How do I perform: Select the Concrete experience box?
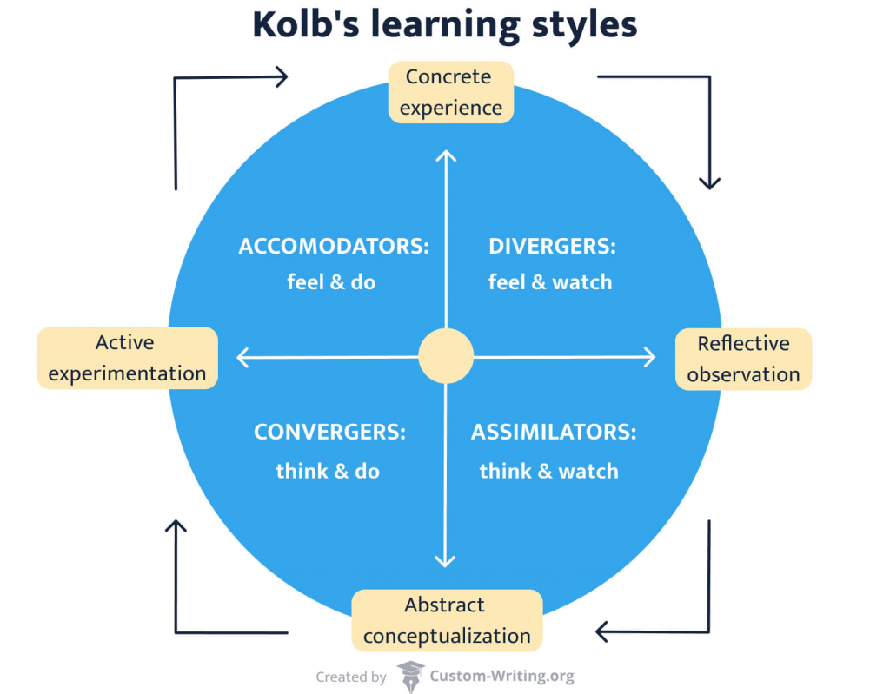(450, 92)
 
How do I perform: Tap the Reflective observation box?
(743, 359)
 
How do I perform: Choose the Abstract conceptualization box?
(446, 620)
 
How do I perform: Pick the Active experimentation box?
(127, 358)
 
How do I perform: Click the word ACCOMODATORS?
(334, 247)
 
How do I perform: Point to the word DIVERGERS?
(552, 247)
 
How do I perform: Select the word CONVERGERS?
(329, 432)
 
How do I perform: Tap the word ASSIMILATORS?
(554, 432)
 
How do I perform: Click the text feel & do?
(331, 282)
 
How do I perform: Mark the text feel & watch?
(550, 282)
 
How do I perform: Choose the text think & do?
(328, 471)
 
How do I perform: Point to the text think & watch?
(548, 471)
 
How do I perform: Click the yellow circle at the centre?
(446, 356)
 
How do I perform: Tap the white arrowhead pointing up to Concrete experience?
(446, 155)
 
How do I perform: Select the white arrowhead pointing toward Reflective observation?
(648, 356)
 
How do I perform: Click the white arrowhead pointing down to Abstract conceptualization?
(446, 560)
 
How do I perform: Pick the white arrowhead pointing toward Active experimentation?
(243, 356)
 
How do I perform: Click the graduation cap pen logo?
(411, 676)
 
